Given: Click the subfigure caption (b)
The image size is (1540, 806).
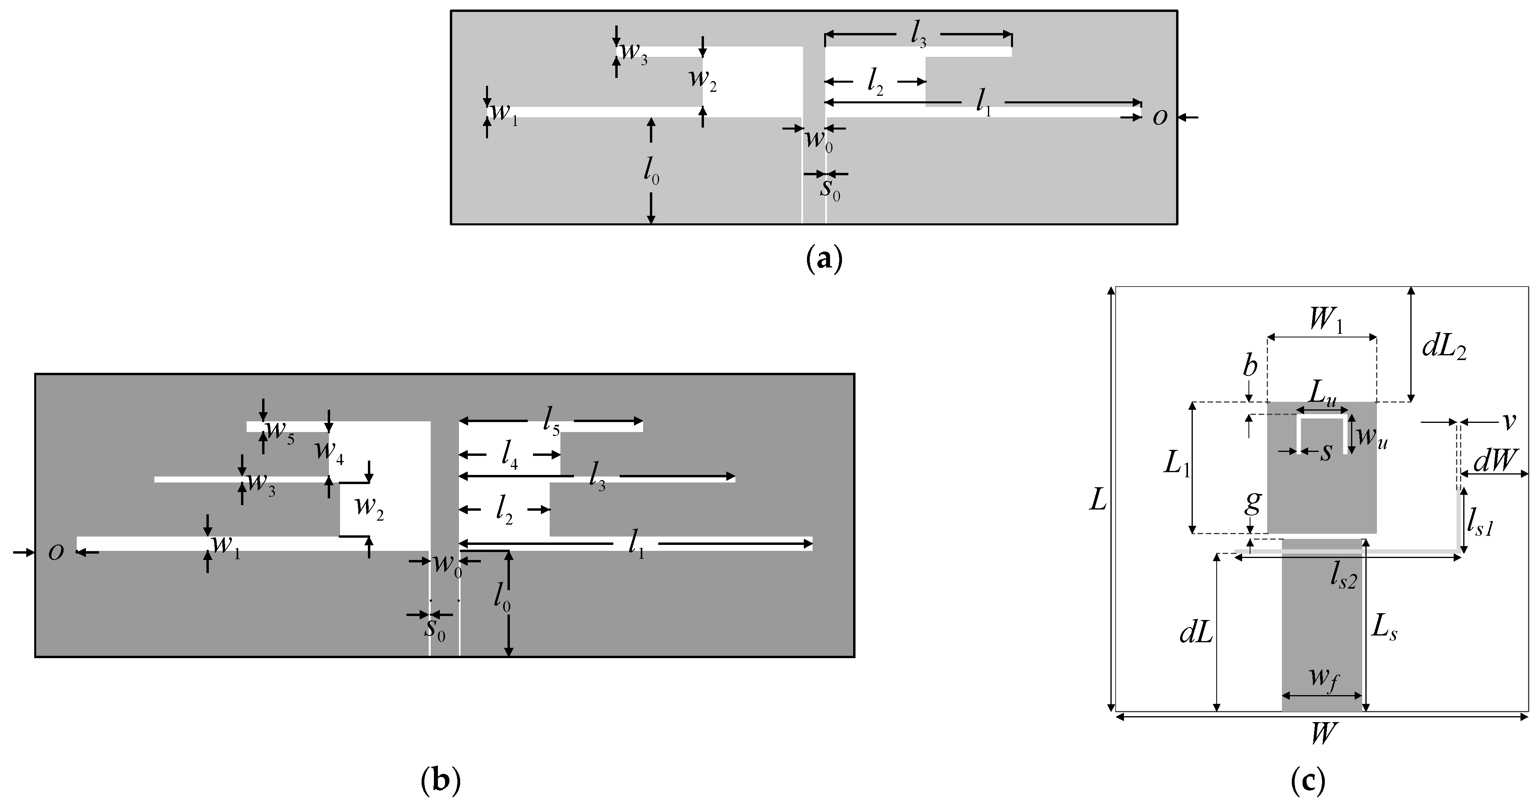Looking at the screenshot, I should [441, 781].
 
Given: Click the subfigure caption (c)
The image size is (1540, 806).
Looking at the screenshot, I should [1308, 781].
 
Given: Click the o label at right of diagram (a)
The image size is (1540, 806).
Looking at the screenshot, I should [1160, 118].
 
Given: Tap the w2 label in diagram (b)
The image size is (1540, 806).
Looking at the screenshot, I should [369, 508].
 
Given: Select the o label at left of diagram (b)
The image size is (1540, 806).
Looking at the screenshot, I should [56, 553].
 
